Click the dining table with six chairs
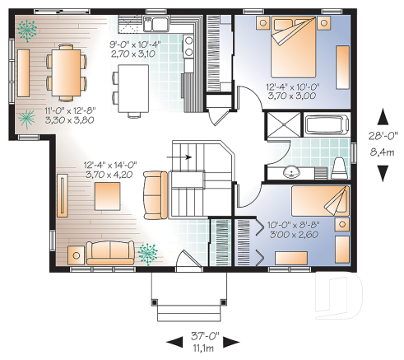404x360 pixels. (66, 71)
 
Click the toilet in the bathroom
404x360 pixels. (338, 168)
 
